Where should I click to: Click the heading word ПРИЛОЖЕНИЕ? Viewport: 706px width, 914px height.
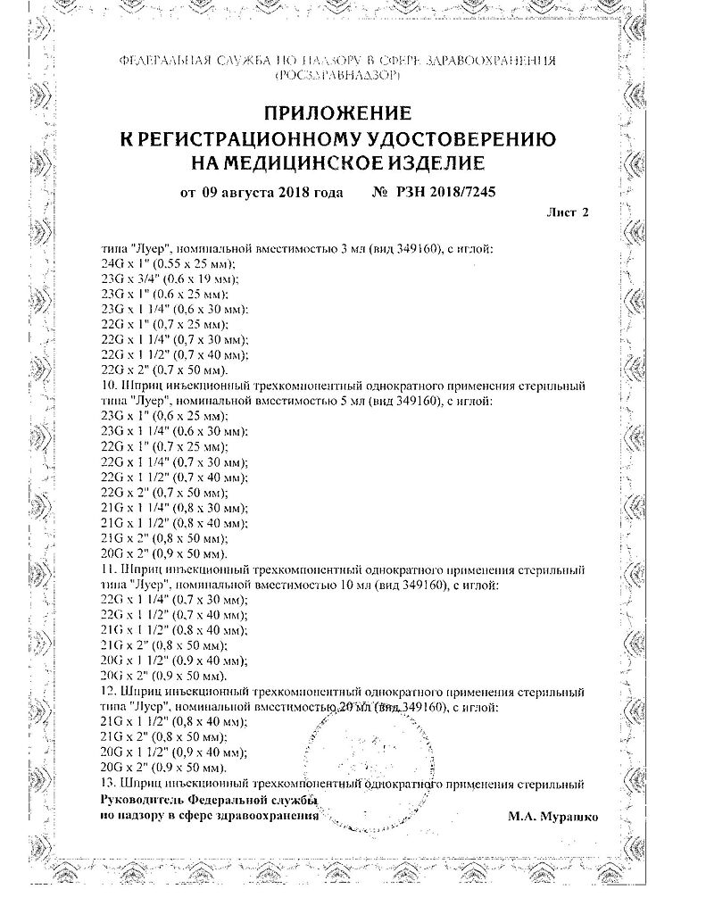click(336, 113)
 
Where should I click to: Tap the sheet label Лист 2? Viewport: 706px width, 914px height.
click(567, 212)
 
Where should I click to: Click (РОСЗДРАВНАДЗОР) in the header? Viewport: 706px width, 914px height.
click(336, 78)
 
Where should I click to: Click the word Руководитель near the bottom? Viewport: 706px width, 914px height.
click(141, 800)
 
